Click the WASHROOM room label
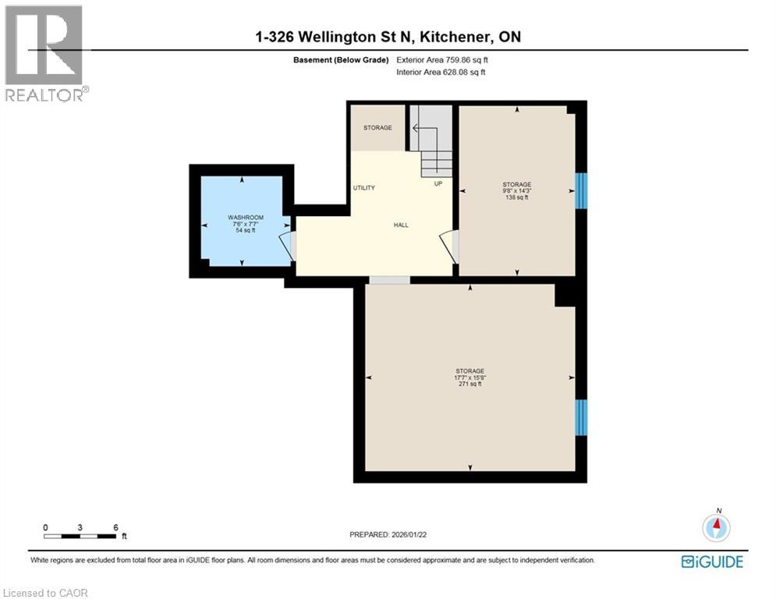pos(245,217)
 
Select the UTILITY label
pos(364,188)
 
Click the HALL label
pos(401,225)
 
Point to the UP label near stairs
pos(438,184)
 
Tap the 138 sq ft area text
pos(516,198)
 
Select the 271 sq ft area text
pos(470,384)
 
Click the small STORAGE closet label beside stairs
pos(377,127)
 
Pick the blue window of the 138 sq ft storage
pos(581,191)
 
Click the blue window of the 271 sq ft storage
pos(581,417)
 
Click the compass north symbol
pos(715,527)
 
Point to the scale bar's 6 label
pos(115,527)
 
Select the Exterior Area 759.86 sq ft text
pos(445,59)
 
